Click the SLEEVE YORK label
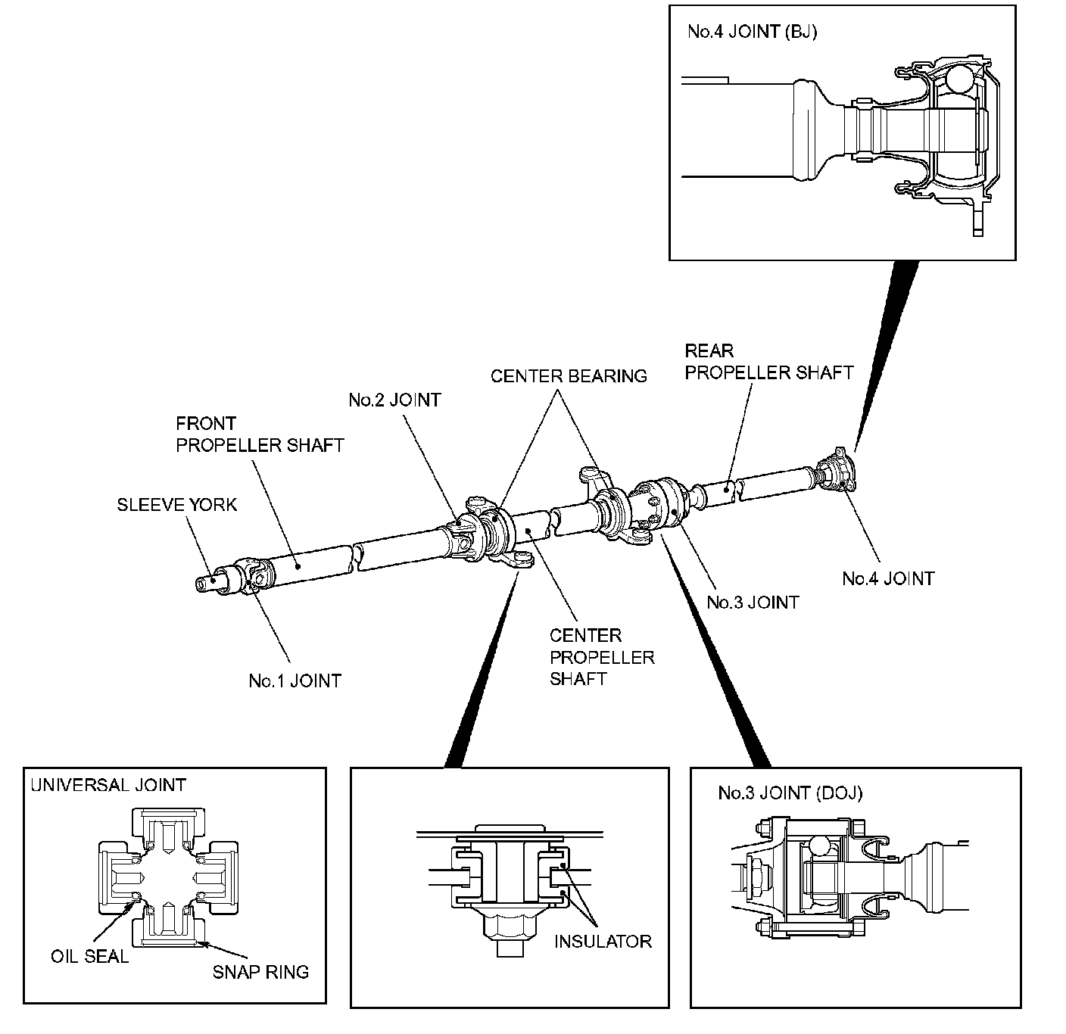[x=177, y=504]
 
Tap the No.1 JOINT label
[x=295, y=681]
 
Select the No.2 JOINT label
[x=395, y=400]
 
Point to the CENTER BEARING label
[x=569, y=376]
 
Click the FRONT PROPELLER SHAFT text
[x=260, y=434]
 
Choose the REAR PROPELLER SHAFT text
[x=769, y=362]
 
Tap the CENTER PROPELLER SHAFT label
[x=602, y=657]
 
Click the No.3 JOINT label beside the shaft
[x=753, y=603]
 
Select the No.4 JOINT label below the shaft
[x=889, y=578]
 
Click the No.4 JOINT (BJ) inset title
[x=753, y=32]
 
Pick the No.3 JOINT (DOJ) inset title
[x=790, y=793]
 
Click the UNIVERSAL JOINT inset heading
[x=108, y=785]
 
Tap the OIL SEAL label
[x=90, y=957]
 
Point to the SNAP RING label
[x=260, y=972]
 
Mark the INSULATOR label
[x=603, y=942]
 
